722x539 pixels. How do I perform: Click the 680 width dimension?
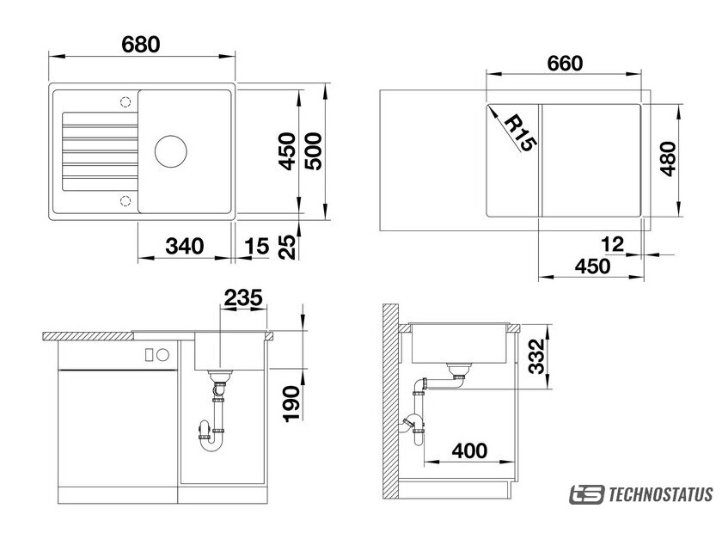coord(141,45)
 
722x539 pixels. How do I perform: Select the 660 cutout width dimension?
coord(565,63)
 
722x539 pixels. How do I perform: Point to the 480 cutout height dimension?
coord(668,158)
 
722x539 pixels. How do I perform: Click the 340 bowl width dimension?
coord(185,246)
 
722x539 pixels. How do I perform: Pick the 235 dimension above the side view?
coord(243,297)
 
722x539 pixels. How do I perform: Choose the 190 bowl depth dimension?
coord(291,404)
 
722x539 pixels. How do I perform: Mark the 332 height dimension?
coord(536,356)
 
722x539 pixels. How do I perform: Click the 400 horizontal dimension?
coord(469,450)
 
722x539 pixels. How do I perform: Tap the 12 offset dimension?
coord(612,244)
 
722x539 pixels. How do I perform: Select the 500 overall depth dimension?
coord(314,151)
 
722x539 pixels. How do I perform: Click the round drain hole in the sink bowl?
coord(171,151)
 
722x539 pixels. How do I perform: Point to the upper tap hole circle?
coord(125,101)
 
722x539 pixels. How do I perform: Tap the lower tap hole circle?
coord(125,201)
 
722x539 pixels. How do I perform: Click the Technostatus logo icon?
coord(586,494)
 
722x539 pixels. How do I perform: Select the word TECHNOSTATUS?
coord(661,495)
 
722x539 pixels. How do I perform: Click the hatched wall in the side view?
coord(390,401)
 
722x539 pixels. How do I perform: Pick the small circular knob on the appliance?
coord(163,355)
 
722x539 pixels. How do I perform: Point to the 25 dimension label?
coord(287,247)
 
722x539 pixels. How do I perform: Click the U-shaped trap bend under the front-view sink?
coord(211,445)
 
